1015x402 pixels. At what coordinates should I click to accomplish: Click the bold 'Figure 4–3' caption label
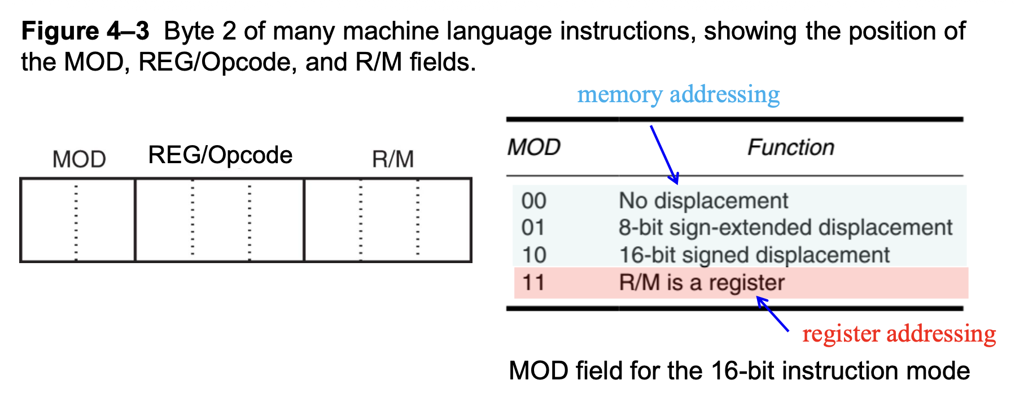pyautogui.click(x=85, y=31)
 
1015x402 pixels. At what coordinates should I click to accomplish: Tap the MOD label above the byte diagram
pyautogui.click(x=79, y=159)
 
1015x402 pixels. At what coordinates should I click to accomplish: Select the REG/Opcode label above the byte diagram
pyautogui.click(x=220, y=155)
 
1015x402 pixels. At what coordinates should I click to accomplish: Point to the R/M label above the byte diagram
pyautogui.click(x=393, y=159)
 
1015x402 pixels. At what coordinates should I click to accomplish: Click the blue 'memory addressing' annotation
pyautogui.click(x=678, y=94)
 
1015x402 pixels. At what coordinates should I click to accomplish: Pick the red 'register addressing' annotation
pyautogui.click(x=899, y=333)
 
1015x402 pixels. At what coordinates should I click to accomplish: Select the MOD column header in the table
pyautogui.click(x=533, y=147)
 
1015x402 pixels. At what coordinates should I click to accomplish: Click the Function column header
pyautogui.click(x=790, y=147)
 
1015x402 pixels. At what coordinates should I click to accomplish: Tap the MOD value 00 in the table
pyautogui.click(x=533, y=201)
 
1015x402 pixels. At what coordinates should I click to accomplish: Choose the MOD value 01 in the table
pyautogui.click(x=533, y=228)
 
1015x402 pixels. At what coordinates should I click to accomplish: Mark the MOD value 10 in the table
pyautogui.click(x=533, y=255)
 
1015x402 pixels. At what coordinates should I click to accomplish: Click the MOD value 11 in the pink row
pyautogui.click(x=533, y=282)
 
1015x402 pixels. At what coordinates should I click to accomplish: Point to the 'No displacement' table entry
pyautogui.click(x=703, y=201)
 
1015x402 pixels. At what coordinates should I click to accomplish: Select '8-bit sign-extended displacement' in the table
pyautogui.click(x=785, y=228)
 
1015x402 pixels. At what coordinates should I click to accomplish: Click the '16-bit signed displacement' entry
pyautogui.click(x=754, y=255)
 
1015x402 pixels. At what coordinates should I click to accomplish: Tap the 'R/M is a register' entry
pyautogui.click(x=702, y=282)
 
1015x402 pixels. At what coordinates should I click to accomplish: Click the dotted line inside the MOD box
pyautogui.click(x=76, y=220)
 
